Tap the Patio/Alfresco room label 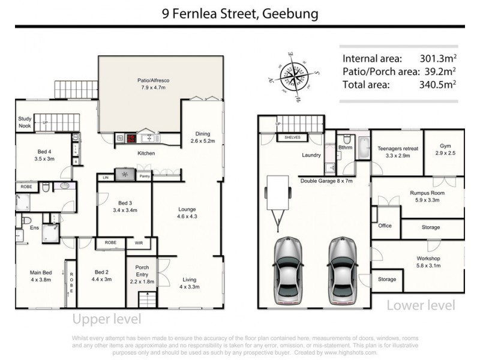[140, 83]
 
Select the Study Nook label [24, 122]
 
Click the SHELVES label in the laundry [293, 138]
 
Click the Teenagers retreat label [397, 151]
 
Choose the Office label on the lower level [385, 226]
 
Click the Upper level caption [107, 318]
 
